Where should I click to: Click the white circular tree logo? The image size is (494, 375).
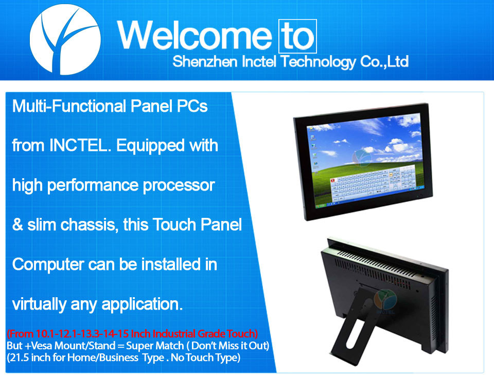click(65, 40)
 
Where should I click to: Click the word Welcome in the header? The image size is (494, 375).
click(195, 36)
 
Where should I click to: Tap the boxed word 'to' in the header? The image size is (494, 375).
click(297, 36)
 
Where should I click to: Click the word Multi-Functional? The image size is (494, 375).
click(69, 106)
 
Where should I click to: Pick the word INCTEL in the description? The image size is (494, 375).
click(80, 145)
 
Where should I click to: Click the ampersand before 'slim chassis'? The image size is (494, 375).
click(17, 225)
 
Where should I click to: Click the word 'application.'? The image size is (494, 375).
click(142, 304)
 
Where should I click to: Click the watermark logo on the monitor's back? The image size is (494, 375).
click(385, 301)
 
